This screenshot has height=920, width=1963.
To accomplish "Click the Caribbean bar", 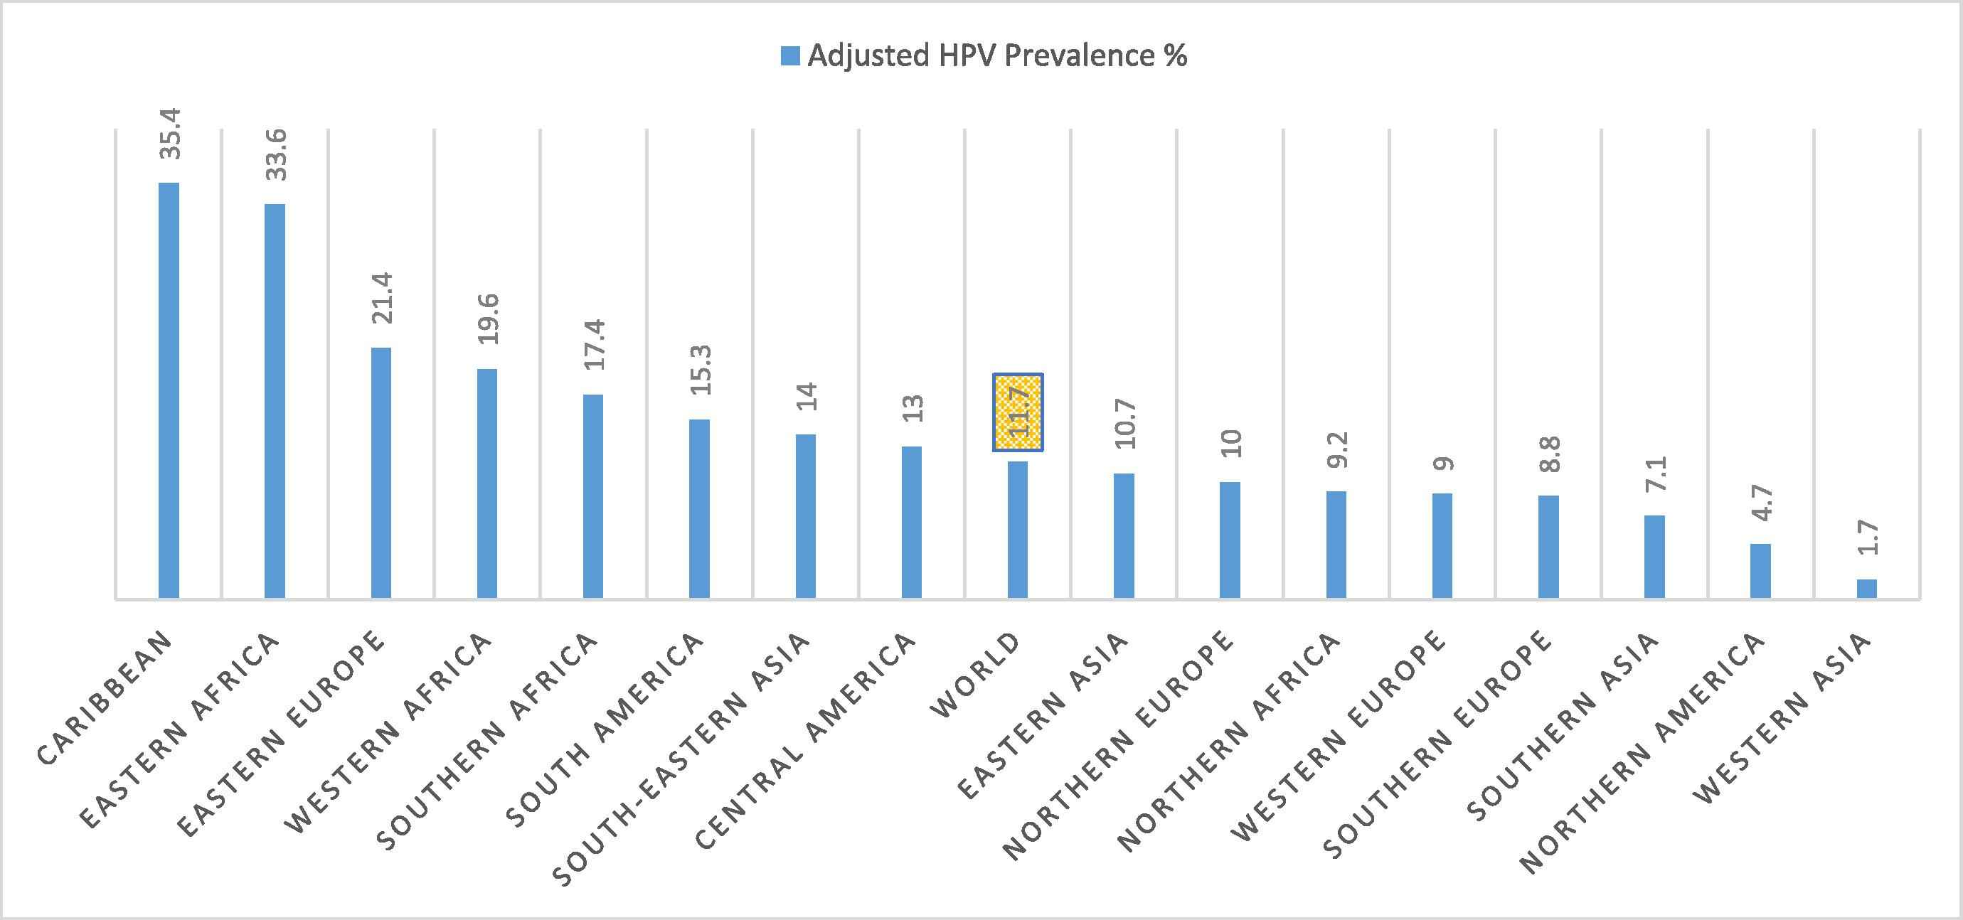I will (x=169, y=390).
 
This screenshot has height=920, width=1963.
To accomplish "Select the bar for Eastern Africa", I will (x=275, y=400).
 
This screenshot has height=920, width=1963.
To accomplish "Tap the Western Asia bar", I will (x=1866, y=589).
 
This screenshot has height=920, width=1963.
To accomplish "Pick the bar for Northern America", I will (x=1760, y=570).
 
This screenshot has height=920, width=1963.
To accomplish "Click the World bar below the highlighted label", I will (x=1017, y=529).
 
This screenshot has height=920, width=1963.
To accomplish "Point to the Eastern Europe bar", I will (x=381, y=472).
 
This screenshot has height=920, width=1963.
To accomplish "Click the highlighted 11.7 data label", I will (x=1017, y=413).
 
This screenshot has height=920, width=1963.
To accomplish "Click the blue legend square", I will (x=790, y=56).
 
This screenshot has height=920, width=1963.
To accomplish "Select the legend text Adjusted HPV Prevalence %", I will (x=996, y=56).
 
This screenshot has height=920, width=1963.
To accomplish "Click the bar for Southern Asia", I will (x=1654, y=557).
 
